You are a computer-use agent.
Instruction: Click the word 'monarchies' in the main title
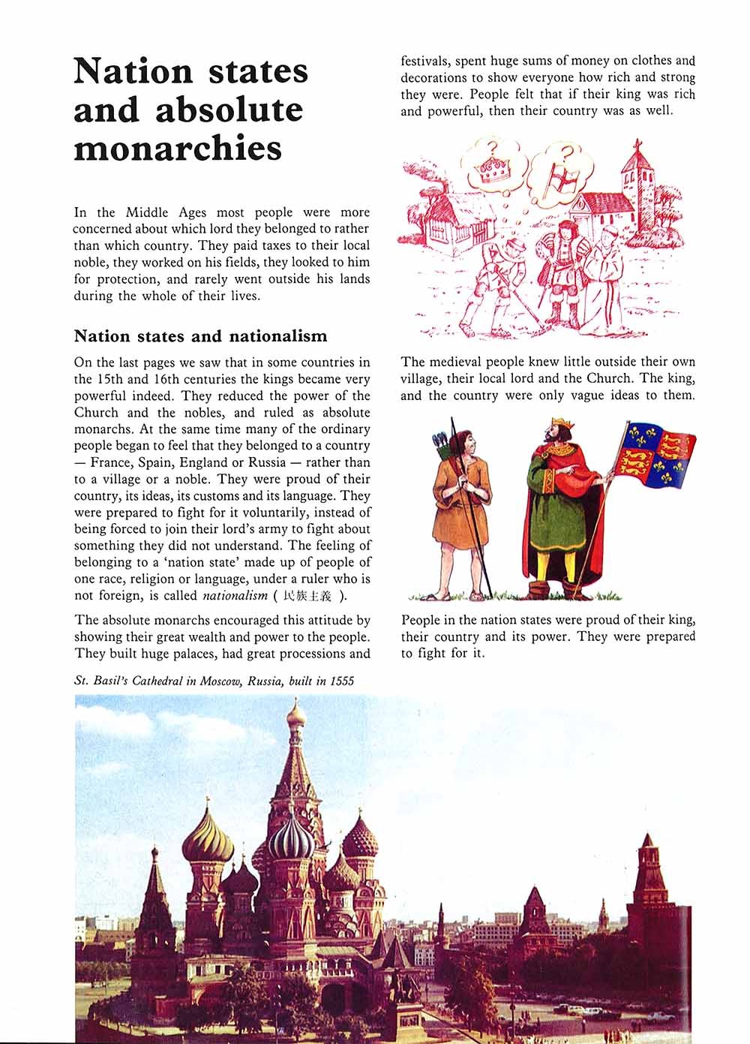178,148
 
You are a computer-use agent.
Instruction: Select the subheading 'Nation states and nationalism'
200,335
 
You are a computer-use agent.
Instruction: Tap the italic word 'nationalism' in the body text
235,596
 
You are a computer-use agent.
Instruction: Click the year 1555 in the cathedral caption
339,681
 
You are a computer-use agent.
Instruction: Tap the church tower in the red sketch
639,180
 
